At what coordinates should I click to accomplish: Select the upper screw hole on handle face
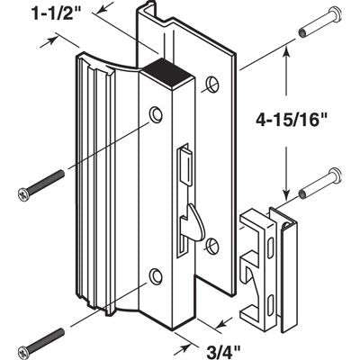click(157, 114)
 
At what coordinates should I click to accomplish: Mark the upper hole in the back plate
click(211, 85)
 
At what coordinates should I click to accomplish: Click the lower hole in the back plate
click(212, 244)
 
